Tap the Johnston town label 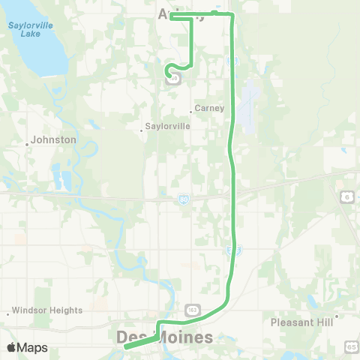pos(54,139)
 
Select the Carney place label pos(209,108)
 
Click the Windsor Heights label pos(46,310)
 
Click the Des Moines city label pos(165,338)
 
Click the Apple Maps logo pos(27,347)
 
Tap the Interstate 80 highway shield pos(183,199)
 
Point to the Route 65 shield pos(351,346)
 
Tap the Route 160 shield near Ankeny pos(174,78)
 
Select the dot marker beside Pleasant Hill pos(337,316)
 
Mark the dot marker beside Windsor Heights pos(8,313)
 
